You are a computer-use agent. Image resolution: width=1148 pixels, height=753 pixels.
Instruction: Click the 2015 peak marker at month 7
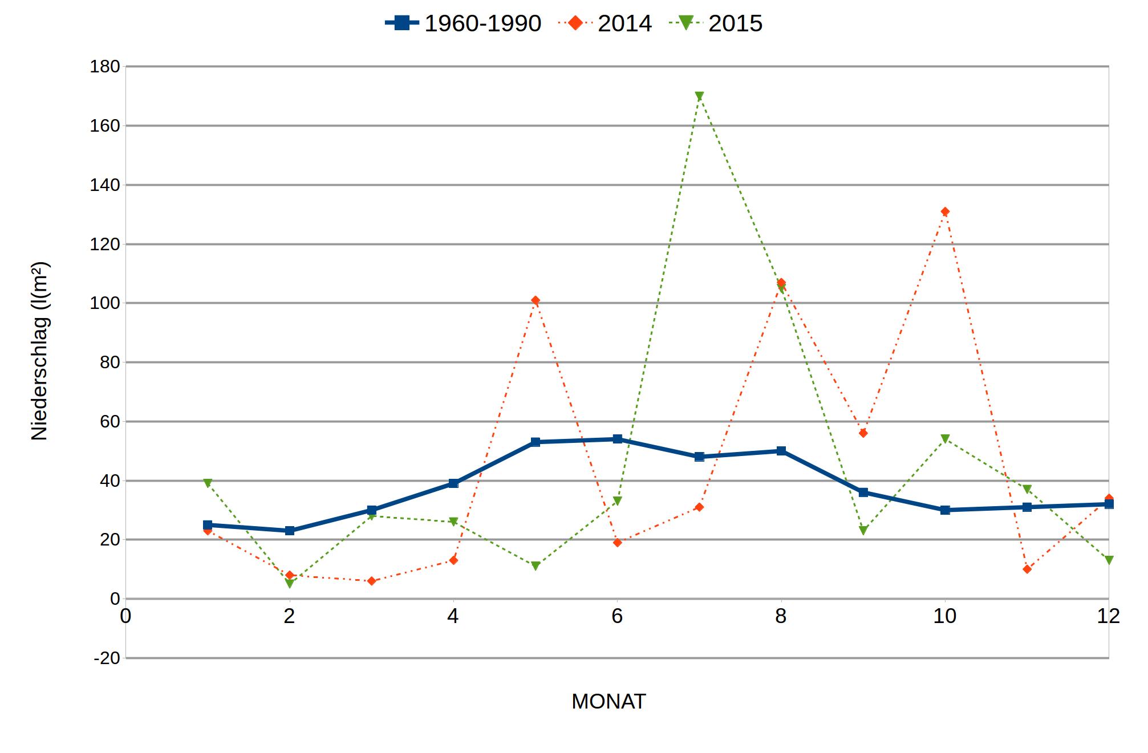(699, 96)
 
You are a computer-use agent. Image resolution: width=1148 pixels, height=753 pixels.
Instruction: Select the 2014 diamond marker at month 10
(945, 211)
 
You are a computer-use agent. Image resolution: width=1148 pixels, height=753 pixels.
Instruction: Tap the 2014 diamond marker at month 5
(535, 300)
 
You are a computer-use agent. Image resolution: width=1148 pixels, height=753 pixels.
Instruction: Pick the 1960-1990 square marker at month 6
(617, 439)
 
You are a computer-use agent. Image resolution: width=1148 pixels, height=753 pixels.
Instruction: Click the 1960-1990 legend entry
(463, 23)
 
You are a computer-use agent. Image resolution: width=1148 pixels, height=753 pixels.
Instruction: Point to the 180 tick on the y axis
(105, 67)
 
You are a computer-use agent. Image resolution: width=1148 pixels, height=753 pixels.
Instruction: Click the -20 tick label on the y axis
(107, 658)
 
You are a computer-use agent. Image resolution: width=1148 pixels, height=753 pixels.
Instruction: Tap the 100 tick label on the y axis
(105, 303)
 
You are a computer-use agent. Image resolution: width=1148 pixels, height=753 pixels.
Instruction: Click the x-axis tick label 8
(781, 616)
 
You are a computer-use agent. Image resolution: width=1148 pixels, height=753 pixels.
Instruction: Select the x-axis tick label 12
(1108, 616)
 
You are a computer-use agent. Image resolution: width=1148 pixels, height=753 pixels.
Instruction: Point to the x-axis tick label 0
(125, 616)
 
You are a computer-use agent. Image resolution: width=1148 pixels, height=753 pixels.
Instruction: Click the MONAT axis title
(609, 702)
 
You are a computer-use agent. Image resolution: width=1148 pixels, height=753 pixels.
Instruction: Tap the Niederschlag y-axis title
(39, 351)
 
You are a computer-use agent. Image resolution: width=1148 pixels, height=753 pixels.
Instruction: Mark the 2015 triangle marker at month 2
(290, 583)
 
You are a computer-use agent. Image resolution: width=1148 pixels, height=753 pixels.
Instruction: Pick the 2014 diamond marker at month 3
(372, 581)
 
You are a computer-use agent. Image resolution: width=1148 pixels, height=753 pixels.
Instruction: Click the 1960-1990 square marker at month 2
(290, 531)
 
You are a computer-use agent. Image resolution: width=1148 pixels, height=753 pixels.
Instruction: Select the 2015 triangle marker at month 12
(1109, 560)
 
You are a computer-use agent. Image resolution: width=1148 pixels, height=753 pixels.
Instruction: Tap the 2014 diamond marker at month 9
(863, 433)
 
